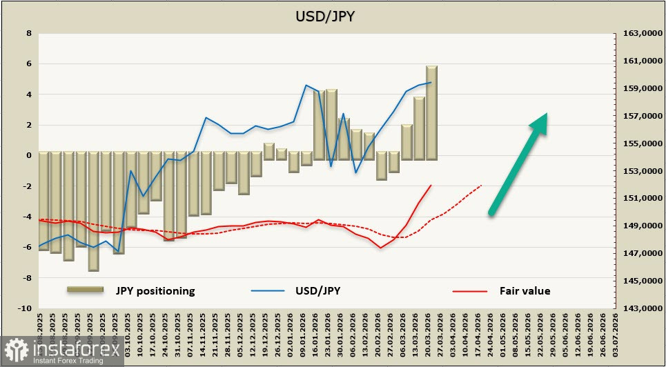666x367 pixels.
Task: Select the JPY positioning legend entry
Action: click(x=155, y=290)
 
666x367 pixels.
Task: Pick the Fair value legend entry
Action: click(x=525, y=290)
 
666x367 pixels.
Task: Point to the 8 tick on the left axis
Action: click(x=28, y=33)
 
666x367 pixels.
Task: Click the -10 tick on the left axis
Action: click(x=26, y=308)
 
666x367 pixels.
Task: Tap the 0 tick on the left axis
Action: click(x=28, y=156)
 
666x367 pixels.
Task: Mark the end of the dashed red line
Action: click(x=481, y=186)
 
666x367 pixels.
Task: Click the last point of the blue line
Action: click(x=431, y=82)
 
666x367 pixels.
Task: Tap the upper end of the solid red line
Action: click(x=431, y=185)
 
